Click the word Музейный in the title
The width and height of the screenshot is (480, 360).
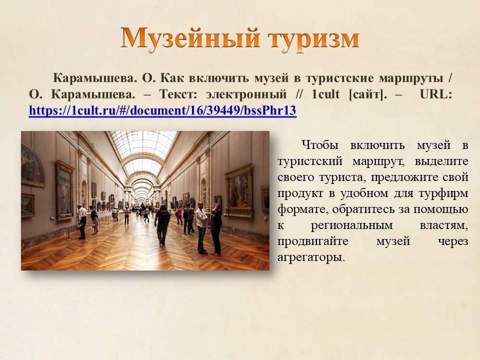[190, 38]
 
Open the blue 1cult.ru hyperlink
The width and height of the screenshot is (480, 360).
[162, 110]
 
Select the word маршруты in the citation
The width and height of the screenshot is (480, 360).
[411, 78]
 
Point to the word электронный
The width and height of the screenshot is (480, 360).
[246, 94]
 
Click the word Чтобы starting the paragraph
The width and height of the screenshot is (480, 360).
[320, 145]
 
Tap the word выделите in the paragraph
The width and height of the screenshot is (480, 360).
[441, 161]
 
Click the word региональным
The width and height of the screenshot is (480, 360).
[351, 226]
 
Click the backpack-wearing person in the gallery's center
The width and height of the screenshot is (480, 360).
[162, 225]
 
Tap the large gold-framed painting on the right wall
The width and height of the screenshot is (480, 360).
[239, 190]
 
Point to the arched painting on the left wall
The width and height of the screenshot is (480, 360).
[32, 165]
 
